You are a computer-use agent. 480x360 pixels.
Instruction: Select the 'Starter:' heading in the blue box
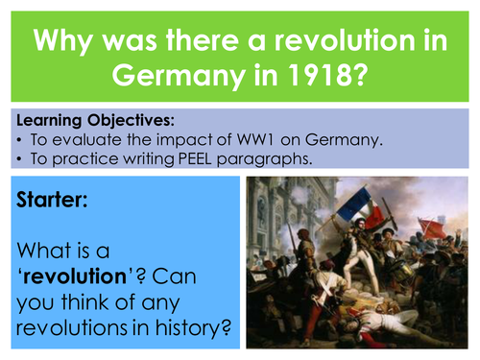coord(55,203)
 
